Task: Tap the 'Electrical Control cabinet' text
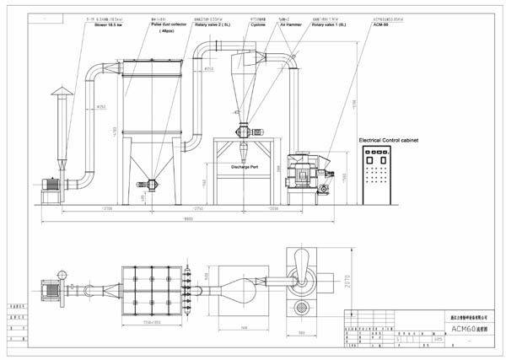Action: [x=388, y=138]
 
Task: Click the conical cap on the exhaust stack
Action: [x=60, y=90]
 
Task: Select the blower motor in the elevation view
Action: [x=51, y=186]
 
